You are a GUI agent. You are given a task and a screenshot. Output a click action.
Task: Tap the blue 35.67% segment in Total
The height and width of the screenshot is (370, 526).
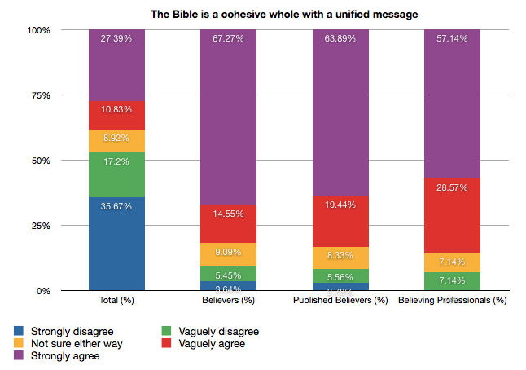(117, 243)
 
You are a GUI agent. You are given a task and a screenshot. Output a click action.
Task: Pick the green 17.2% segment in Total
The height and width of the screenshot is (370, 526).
(117, 174)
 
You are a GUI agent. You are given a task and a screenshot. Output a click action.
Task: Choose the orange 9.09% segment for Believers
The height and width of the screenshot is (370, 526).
(229, 254)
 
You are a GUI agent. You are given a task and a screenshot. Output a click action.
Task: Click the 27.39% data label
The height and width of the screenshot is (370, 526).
(117, 38)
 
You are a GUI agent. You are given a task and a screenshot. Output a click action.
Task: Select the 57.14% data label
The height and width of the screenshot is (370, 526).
(452, 38)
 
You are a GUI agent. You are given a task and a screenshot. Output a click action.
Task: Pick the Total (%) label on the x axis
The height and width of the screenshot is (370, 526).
(117, 302)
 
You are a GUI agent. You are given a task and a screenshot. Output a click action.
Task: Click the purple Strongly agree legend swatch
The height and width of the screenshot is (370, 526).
(19, 356)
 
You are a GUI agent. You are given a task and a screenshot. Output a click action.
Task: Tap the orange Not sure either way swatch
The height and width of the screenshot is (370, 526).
(19, 344)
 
